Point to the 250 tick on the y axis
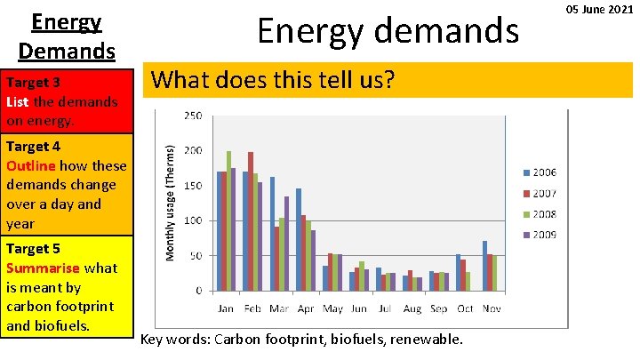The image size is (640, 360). click(193, 116)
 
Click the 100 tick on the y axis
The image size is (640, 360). click(193, 220)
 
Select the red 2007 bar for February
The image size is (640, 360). click(251, 221)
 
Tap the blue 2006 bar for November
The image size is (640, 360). click(484, 265)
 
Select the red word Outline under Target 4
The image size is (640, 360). click(31, 165)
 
